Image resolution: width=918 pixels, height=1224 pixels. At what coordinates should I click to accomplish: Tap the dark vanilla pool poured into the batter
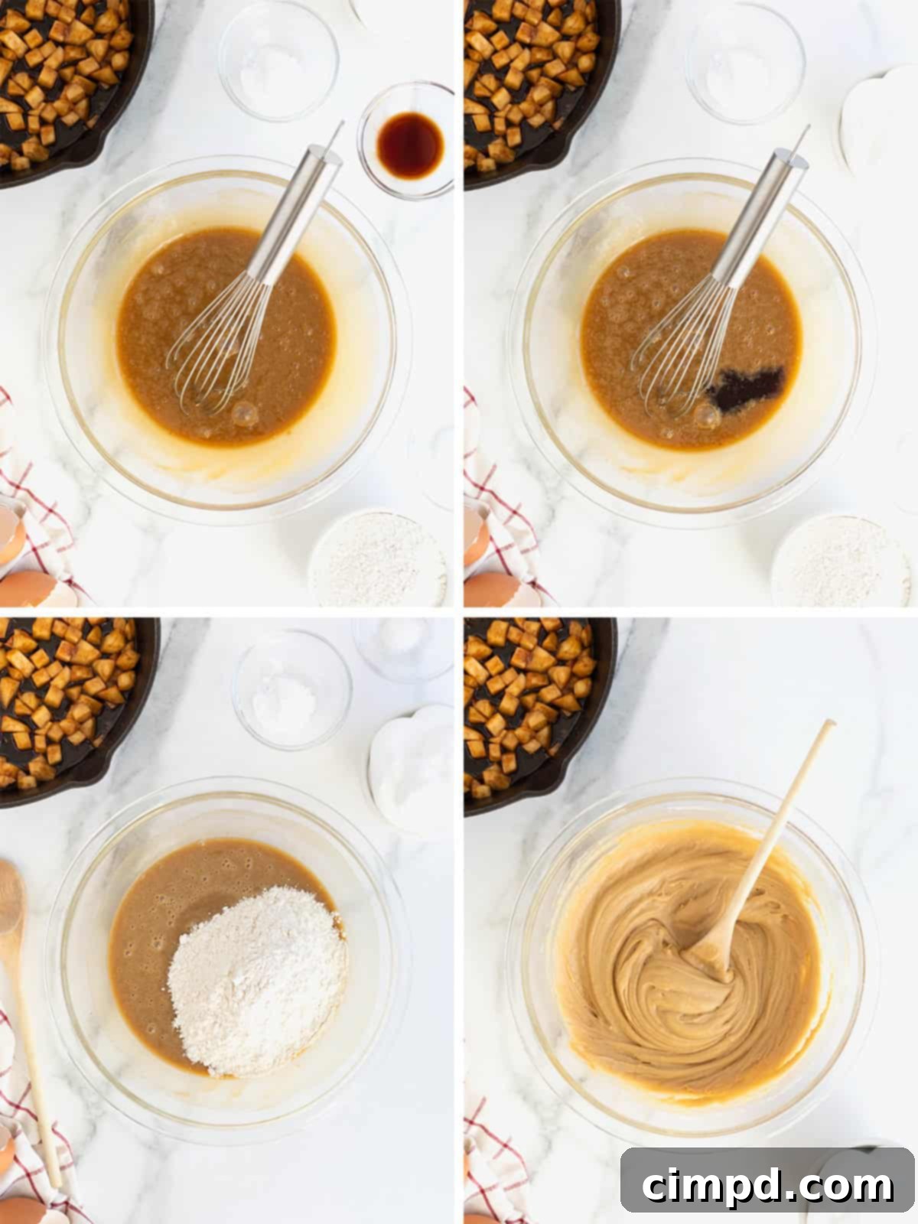tap(745, 387)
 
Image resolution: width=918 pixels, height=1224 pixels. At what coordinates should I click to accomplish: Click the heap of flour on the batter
tap(256, 979)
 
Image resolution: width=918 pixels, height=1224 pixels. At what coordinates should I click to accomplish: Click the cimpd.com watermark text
tap(767, 1186)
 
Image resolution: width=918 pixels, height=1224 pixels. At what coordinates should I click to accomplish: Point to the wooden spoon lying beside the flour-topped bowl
tap(23, 994)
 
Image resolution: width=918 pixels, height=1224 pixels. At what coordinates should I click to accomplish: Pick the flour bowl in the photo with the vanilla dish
tap(377, 558)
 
